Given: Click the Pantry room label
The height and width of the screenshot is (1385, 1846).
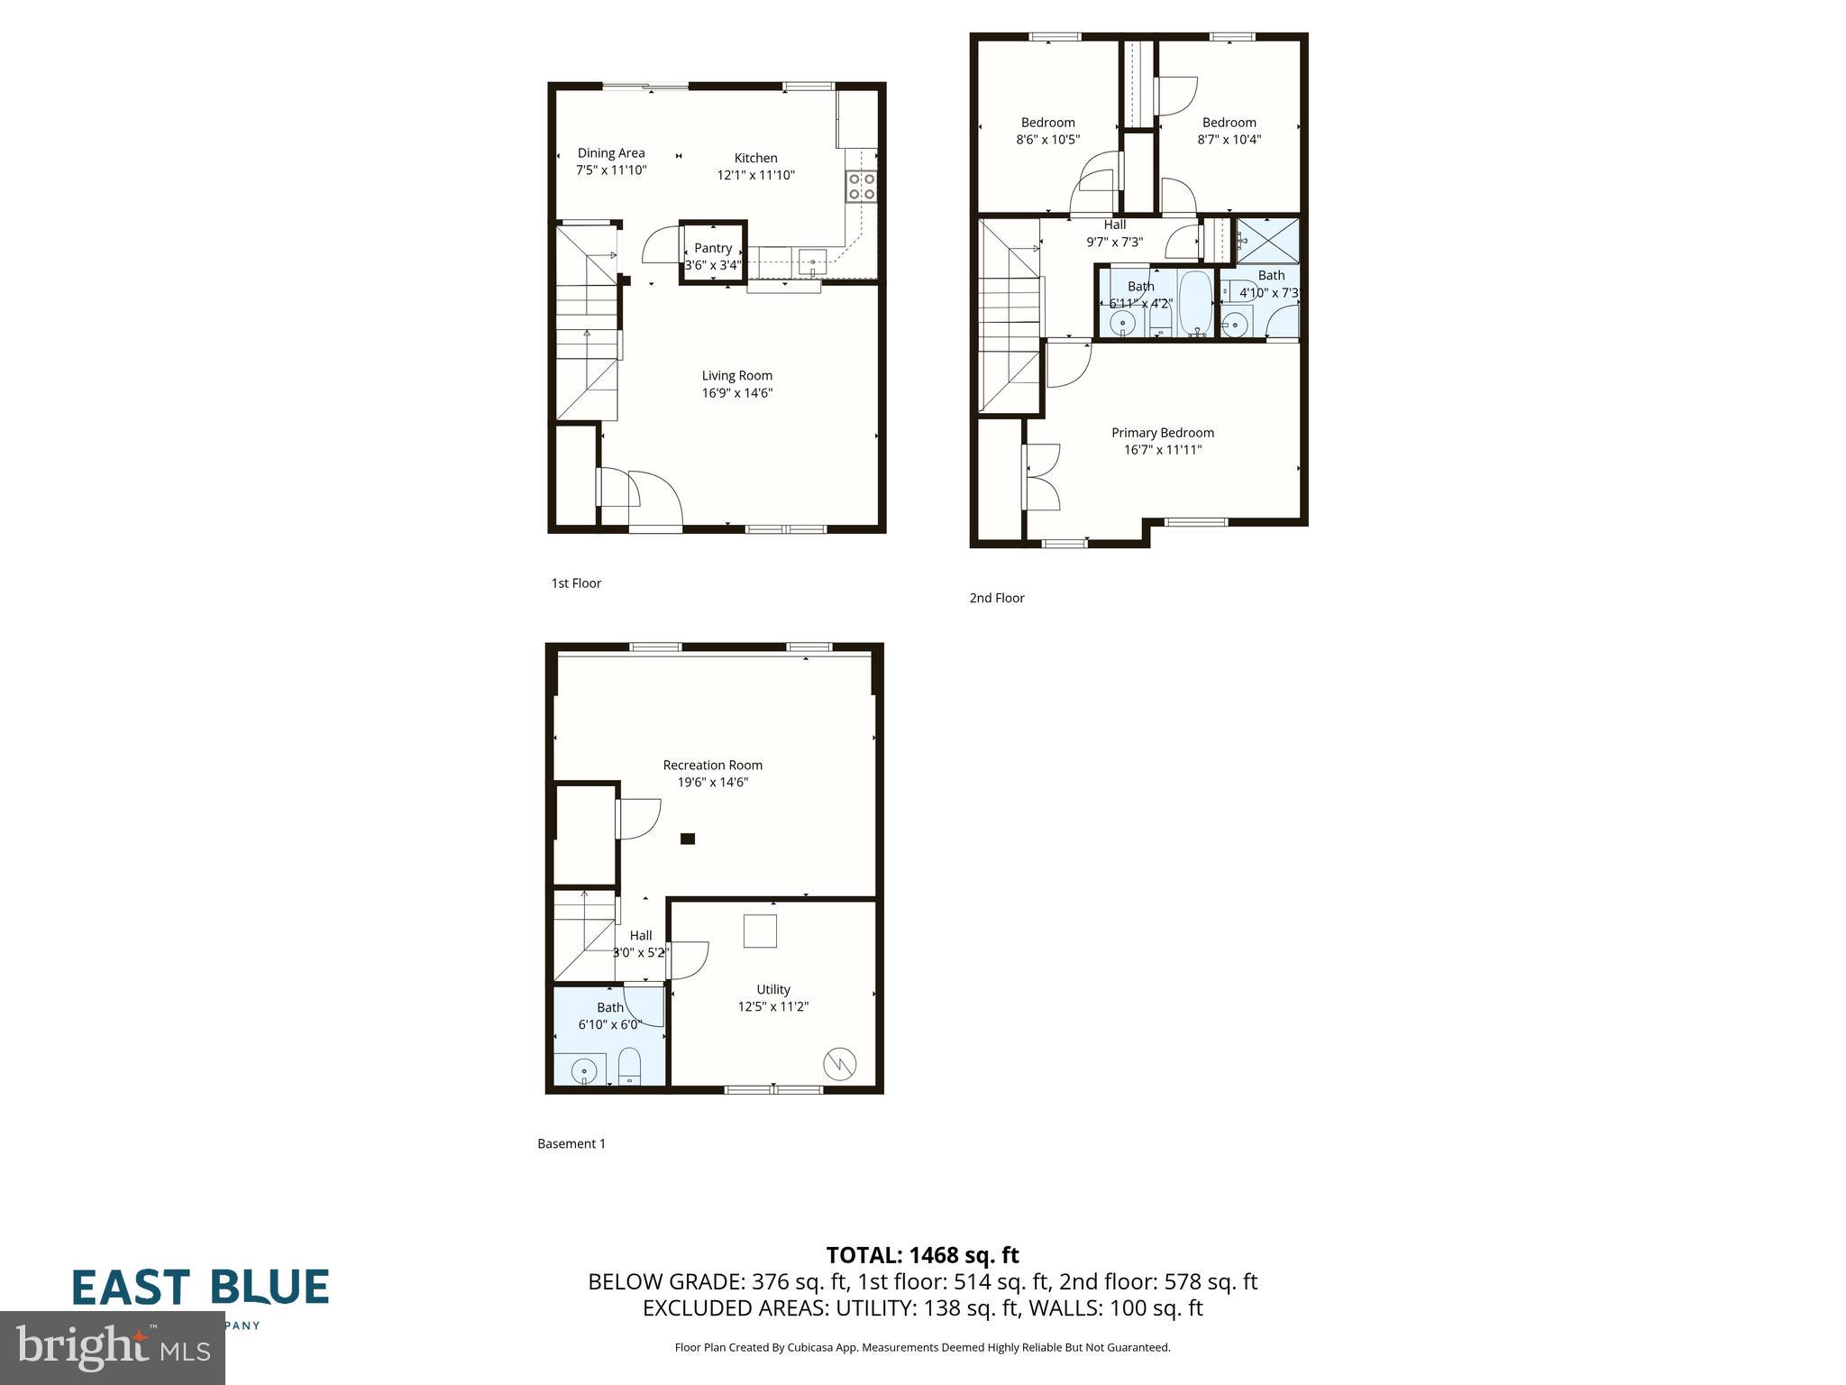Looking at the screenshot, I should (x=713, y=248).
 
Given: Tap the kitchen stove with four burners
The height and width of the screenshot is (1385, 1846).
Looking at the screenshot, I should (x=861, y=187).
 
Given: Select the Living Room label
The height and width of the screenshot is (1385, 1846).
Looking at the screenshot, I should (x=736, y=376).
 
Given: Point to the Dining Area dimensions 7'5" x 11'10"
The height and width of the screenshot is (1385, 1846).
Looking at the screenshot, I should (x=611, y=170).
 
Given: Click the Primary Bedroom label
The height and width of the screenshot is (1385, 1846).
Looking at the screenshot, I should (x=1162, y=433).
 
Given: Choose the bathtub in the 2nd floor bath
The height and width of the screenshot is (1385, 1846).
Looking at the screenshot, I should (x=1195, y=303).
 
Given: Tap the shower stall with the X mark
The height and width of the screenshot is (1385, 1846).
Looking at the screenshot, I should (x=1267, y=240).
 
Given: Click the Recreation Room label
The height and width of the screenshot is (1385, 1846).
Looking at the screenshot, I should (x=712, y=766).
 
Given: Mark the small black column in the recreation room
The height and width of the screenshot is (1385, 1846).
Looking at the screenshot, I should (x=688, y=839).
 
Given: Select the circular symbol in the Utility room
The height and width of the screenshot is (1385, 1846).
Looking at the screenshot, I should (x=840, y=1064).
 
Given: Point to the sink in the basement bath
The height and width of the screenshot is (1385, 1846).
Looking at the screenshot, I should (x=584, y=1070).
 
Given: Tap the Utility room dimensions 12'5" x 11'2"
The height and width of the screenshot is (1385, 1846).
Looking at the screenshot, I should (x=772, y=1007).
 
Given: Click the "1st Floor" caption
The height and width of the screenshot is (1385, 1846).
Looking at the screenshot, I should (x=576, y=583).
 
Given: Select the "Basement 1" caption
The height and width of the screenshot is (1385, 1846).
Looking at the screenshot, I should (x=571, y=1144).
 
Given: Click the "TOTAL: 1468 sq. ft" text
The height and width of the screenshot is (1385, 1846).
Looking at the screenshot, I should (x=922, y=1255).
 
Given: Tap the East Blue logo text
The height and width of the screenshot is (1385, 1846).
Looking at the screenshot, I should (x=200, y=1288).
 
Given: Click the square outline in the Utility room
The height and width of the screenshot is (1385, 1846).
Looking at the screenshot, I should (x=760, y=931).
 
